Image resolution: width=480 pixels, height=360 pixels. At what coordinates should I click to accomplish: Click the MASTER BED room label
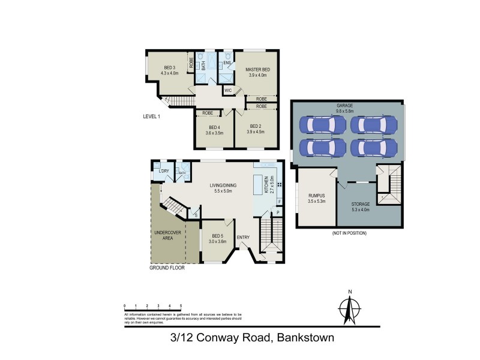pos(257,70)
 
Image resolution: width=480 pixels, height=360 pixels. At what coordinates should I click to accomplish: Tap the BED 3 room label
pos(169,68)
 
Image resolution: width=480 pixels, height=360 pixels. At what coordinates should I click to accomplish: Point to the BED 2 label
pos(256,126)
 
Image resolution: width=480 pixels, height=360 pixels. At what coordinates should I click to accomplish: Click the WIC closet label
pos(227,91)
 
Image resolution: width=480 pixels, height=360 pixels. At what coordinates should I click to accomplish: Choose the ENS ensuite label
pos(227,62)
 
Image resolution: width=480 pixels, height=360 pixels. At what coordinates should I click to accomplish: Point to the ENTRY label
pos(243,238)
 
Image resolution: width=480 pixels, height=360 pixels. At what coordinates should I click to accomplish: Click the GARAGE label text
pos(345,105)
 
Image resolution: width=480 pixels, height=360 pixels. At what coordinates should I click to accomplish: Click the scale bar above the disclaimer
pos(152,310)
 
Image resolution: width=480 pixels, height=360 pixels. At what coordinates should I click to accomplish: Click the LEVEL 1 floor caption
pos(152,116)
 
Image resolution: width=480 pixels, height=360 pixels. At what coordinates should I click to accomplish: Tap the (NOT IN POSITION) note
pos(349,233)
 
